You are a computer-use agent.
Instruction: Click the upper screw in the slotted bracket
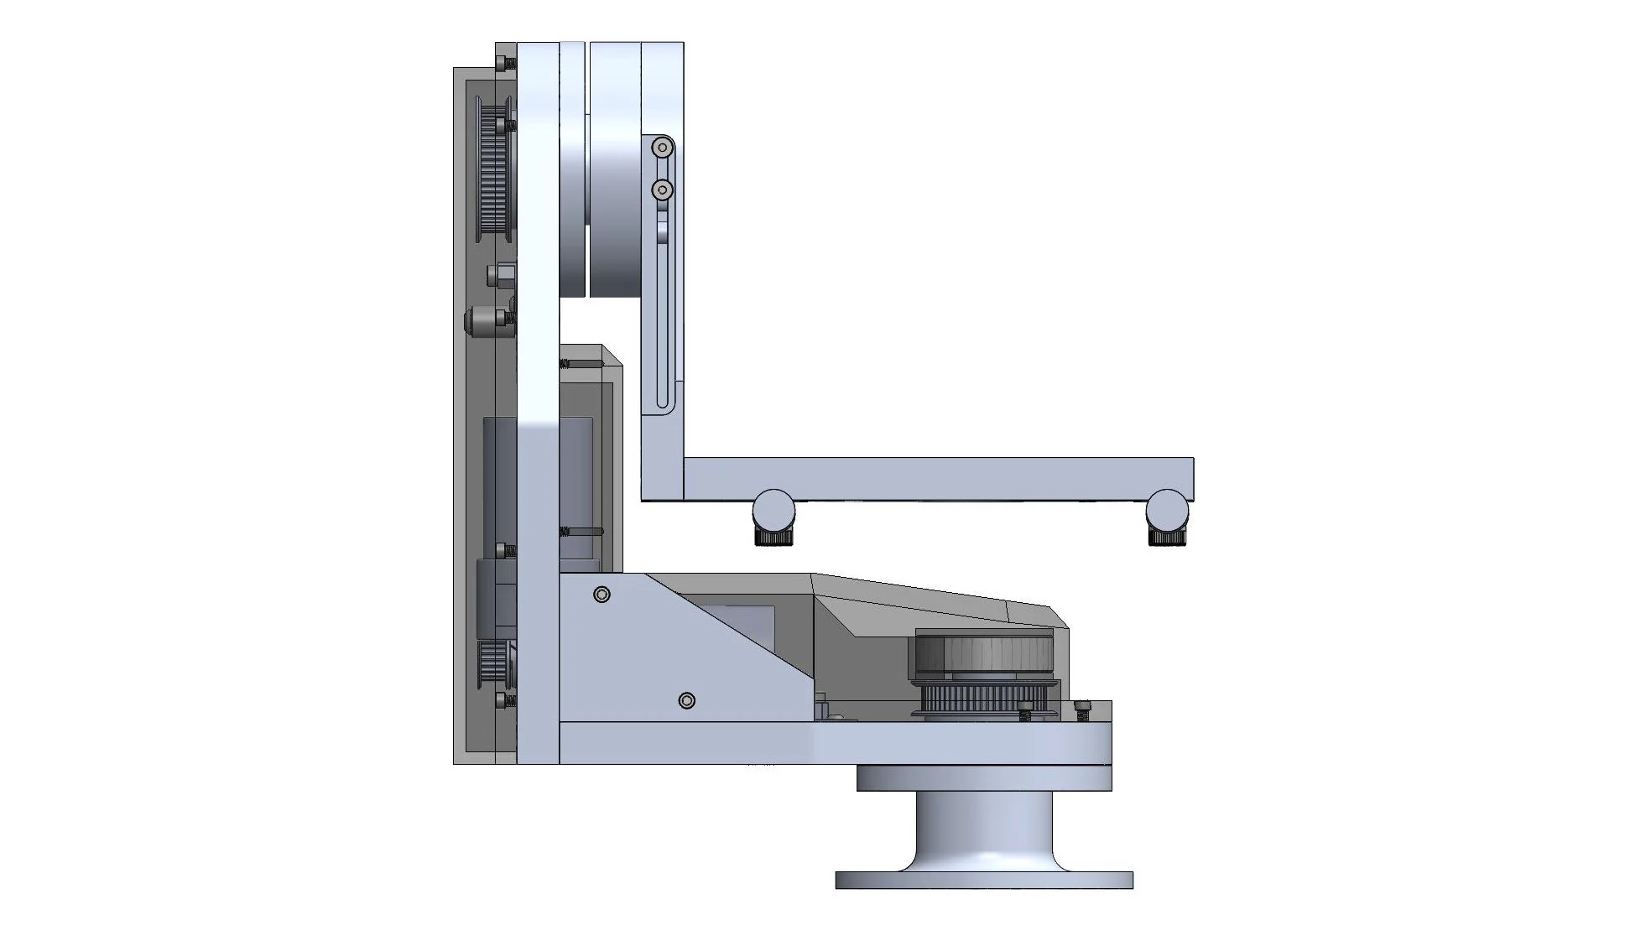coord(663,148)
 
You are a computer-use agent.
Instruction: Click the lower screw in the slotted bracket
coord(663,190)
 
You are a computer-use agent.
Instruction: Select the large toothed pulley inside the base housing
coord(983,654)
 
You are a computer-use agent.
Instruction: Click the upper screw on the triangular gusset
coord(602,595)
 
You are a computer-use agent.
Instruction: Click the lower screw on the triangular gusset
coord(686,700)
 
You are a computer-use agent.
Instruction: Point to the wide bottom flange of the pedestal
coord(984,881)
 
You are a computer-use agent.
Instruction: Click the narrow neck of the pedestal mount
coord(984,826)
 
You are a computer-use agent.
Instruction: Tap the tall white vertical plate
coord(538,403)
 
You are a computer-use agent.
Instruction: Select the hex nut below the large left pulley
coord(502,275)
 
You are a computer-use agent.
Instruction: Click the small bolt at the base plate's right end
coord(1083,710)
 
